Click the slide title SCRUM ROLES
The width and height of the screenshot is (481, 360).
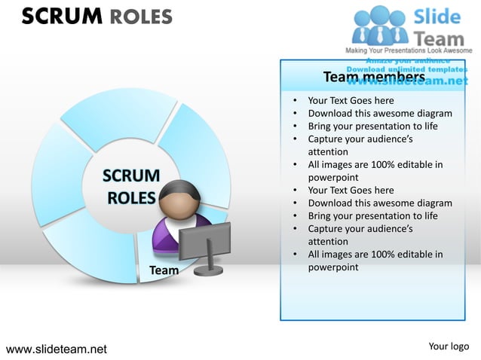(97, 16)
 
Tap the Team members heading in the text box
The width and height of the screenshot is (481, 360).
(374, 77)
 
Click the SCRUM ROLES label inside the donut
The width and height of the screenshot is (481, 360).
(131, 187)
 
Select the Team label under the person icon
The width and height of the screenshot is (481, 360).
(164, 270)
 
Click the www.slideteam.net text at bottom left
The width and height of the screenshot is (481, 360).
(57, 349)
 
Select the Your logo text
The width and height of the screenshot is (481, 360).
(449, 346)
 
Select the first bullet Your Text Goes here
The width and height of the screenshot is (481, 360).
(351, 100)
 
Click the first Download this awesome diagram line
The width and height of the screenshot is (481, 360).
(380, 114)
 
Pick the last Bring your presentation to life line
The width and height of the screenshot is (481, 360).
(372, 215)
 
